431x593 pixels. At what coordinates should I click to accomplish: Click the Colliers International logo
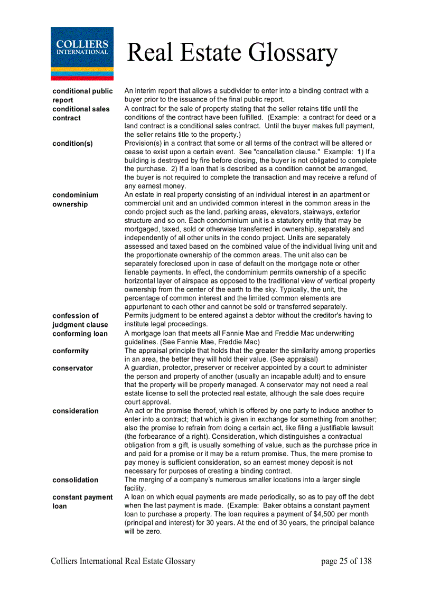82,53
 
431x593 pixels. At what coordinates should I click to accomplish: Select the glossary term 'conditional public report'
82,96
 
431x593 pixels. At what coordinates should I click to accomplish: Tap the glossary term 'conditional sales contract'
81,114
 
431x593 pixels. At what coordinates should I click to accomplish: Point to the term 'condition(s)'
72,144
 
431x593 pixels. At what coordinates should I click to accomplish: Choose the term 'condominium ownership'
75,200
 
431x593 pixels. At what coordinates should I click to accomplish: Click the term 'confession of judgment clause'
80,320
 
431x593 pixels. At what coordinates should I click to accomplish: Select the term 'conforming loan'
80,334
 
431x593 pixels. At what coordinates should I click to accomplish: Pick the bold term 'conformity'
70,351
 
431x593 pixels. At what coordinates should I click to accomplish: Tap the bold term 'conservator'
72,368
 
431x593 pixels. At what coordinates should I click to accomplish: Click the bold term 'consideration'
75,411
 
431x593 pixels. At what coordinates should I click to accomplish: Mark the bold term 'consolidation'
75,480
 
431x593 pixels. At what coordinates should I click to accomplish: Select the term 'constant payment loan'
82,502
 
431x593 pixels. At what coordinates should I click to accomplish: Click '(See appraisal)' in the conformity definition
294,359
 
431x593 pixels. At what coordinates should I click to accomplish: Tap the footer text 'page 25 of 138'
346,561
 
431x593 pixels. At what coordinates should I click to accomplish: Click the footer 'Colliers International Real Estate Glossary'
123,561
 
